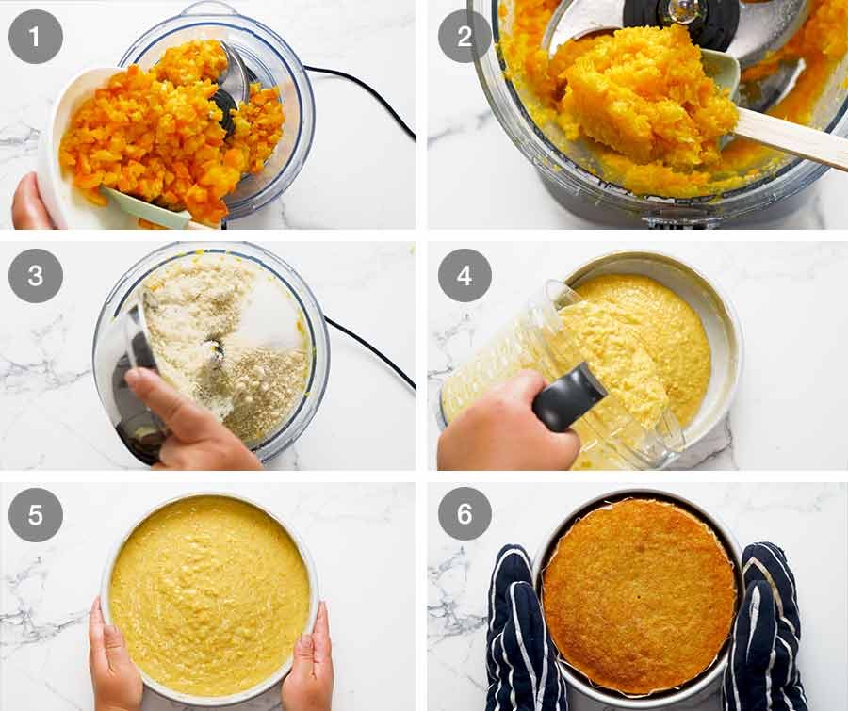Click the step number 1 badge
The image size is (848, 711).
[x=36, y=36]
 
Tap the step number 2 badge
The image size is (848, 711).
[x=465, y=36]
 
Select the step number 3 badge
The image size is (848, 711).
[x=36, y=275]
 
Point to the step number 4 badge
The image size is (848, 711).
[x=465, y=275]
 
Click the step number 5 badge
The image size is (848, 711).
[x=36, y=514]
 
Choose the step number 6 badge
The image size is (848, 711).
[x=465, y=514]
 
